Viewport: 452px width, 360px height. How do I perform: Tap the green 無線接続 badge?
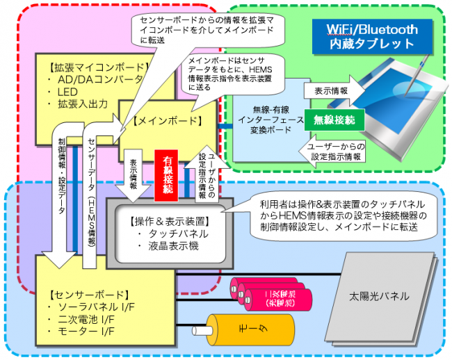[334, 120]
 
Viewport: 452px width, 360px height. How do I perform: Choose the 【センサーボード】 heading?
[83, 294]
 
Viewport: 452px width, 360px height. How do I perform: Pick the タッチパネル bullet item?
[178, 234]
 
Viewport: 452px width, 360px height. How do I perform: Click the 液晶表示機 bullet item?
[174, 247]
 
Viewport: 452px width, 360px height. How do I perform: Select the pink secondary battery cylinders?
[264, 294]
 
